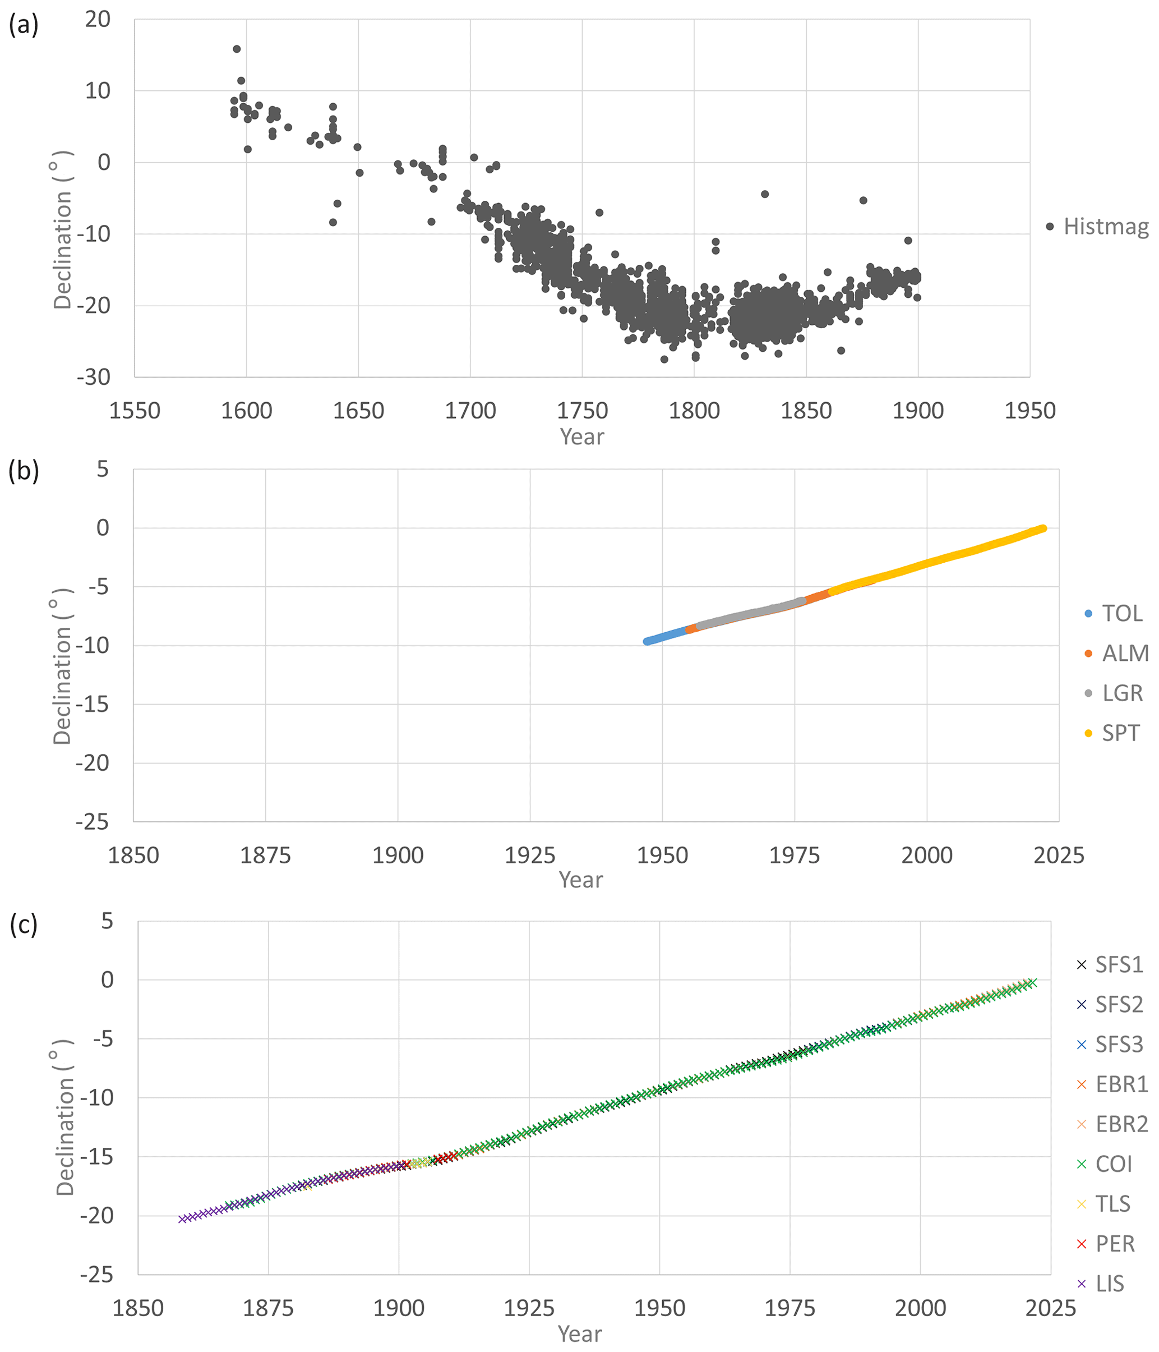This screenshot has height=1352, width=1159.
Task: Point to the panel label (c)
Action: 24,924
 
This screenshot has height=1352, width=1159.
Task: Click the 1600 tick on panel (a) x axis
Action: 247,411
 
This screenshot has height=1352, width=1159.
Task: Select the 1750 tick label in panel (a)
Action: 582,411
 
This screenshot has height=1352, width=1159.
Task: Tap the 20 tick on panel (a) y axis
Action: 98,20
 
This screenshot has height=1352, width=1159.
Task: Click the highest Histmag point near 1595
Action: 237,49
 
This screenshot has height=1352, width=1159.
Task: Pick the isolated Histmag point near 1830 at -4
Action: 764,194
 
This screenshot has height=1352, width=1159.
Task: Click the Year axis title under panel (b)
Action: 580,880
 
